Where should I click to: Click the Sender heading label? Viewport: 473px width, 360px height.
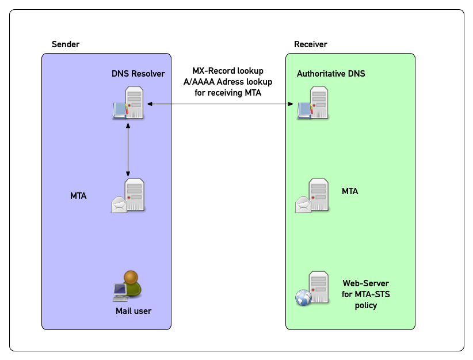[x=66, y=44]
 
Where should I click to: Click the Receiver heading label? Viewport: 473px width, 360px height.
[x=310, y=44]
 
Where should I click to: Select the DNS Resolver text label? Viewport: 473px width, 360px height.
[x=138, y=74]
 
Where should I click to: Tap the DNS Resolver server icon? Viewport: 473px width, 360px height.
[x=128, y=103]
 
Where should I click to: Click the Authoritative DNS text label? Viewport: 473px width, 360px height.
[x=331, y=74]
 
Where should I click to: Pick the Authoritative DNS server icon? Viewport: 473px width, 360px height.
[x=312, y=103]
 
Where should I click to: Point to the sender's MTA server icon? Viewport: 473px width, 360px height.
[x=128, y=196]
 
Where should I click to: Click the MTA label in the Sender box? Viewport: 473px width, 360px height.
[x=78, y=196]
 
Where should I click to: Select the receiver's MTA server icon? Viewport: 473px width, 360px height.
[x=312, y=196]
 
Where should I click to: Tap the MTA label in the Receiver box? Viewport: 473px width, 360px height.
[x=350, y=191]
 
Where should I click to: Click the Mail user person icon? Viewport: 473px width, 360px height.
[x=127, y=286]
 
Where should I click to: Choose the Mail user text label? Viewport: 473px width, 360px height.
[x=133, y=311]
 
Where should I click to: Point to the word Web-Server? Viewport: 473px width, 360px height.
[x=365, y=283]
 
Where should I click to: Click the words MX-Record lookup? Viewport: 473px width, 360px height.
[x=228, y=71]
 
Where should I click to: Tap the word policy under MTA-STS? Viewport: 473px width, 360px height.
[x=365, y=305]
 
